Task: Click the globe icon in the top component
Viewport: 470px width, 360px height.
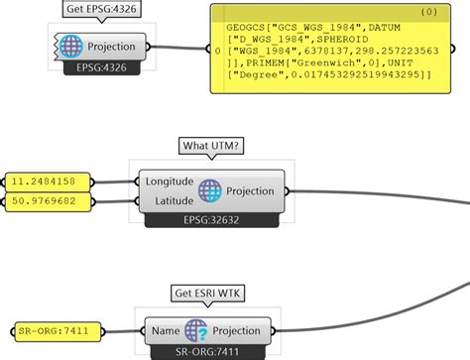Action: click(x=71, y=47)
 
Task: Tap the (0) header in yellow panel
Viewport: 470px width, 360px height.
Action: click(x=428, y=13)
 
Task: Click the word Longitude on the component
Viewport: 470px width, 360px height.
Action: click(x=170, y=181)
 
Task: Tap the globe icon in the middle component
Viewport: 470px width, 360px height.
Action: click(x=209, y=190)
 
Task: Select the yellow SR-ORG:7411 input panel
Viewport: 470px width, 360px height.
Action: click(x=57, y=330)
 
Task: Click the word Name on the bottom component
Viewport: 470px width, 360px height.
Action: click(x=166, y=330)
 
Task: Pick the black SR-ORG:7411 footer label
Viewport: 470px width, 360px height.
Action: click(x=206, y=351)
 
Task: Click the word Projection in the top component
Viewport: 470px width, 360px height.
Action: click(x=112, y=47)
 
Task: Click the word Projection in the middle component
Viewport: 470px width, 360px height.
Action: click(x=251, y=190)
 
